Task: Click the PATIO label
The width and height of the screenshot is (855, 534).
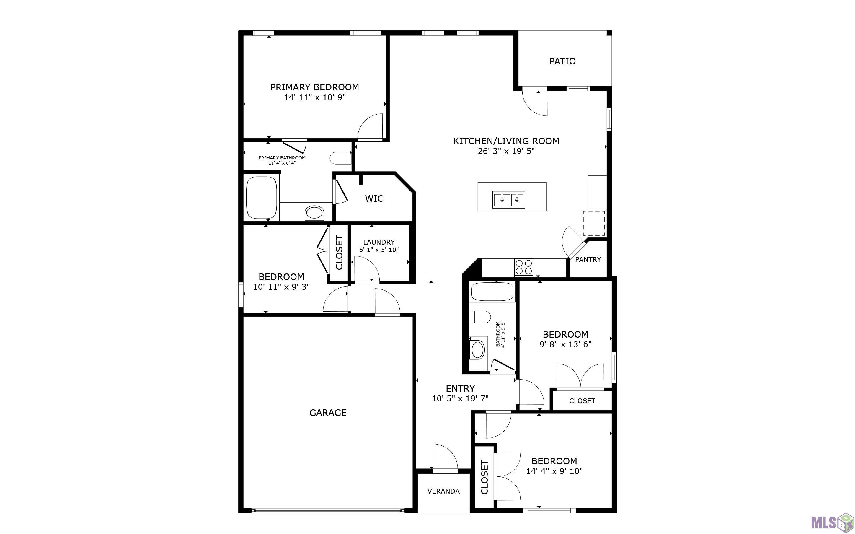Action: (x=562, y=61)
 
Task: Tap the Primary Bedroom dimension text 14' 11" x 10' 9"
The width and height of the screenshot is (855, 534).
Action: (x=314, y=97)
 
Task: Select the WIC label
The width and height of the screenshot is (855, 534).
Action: (x=374, y=198)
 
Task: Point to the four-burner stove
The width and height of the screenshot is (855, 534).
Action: (x=523, y=267)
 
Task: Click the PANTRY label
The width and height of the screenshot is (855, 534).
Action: (x=588, y=259)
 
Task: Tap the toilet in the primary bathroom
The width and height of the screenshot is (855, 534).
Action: (x=341, y=158)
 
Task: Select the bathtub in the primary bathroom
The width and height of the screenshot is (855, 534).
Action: (x=261, y=198)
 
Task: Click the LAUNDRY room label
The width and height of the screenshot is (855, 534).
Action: (x=379, y=242)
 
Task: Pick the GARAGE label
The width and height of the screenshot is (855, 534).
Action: (x=328, y=413)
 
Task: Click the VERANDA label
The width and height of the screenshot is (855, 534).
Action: (x=443, y=491)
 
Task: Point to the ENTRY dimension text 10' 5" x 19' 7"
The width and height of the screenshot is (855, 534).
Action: (x=460, y=399)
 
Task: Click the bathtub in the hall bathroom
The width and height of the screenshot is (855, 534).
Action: (x=492, y=292)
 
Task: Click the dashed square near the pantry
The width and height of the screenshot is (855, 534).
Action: (x=594, y=223)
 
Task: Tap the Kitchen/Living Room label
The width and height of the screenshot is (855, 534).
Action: (x=506, y=141)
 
